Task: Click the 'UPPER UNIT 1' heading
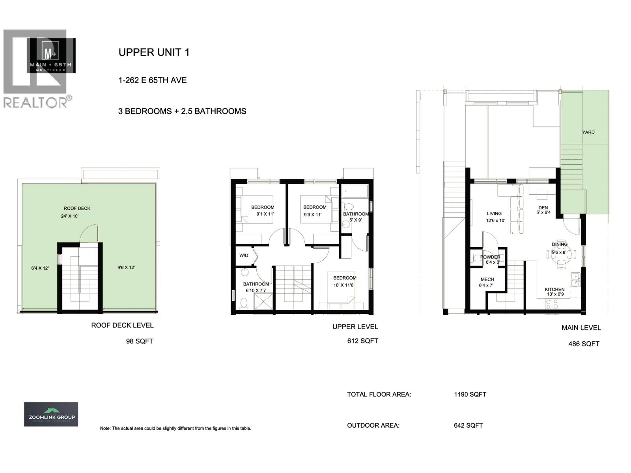coord(154,52)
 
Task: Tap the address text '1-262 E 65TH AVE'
coord(152,80)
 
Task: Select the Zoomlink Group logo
coord(51,414)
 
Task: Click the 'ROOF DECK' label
coord(77,208)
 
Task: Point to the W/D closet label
coord(244,255)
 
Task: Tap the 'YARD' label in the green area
coord(588,132)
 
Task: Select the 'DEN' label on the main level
coord(543,208)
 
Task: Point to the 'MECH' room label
coord(487,279)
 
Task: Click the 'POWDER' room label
coord(490,257)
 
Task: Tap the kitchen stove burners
coord(551,304)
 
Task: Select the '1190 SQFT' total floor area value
coord(470,394)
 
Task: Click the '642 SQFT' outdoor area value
coord(468,425)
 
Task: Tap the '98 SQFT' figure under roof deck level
coord(140,341)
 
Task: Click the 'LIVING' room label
coord(494,214)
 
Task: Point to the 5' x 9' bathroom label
coord(355,220)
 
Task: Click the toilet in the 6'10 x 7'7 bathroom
coord(243,302)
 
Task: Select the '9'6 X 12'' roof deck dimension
coord(126,268)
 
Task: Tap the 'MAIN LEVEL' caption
coord(581,328)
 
